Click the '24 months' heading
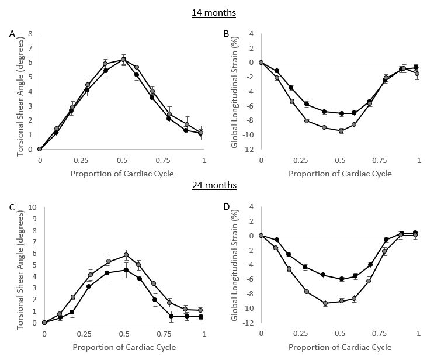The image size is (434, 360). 214,185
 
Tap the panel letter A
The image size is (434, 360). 12,34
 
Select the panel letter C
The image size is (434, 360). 12,207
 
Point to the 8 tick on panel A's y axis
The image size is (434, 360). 29,34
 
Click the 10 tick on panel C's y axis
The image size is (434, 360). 33,207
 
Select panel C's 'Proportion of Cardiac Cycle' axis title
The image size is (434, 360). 124,347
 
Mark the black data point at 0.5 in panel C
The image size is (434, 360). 126,269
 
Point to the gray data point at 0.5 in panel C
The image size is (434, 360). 126,255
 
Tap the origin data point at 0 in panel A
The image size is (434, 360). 40,149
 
